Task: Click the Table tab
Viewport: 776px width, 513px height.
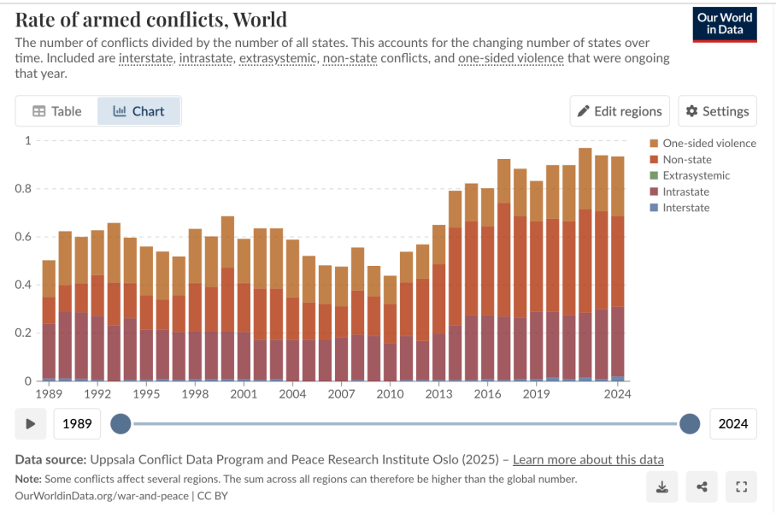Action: tap(56, 111)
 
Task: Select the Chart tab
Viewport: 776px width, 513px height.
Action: tap(138, 111)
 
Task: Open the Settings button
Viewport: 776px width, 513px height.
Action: tap(717, 111)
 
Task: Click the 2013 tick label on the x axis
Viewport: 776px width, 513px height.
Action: tap(438, 394)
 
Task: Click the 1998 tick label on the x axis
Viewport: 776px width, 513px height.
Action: tap(195, 394)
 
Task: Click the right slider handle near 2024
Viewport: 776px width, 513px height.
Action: tap(690, 423)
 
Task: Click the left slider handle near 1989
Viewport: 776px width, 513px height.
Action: tap(121, 423)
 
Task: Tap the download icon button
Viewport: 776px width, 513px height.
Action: tap(661, 487)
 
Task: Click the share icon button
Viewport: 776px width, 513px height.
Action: tap(702, 487)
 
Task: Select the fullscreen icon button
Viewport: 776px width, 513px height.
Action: tap(741, 487)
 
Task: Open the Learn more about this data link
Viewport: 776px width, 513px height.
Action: tap(588, 460)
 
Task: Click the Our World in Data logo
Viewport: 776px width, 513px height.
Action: tap(725, 24)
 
